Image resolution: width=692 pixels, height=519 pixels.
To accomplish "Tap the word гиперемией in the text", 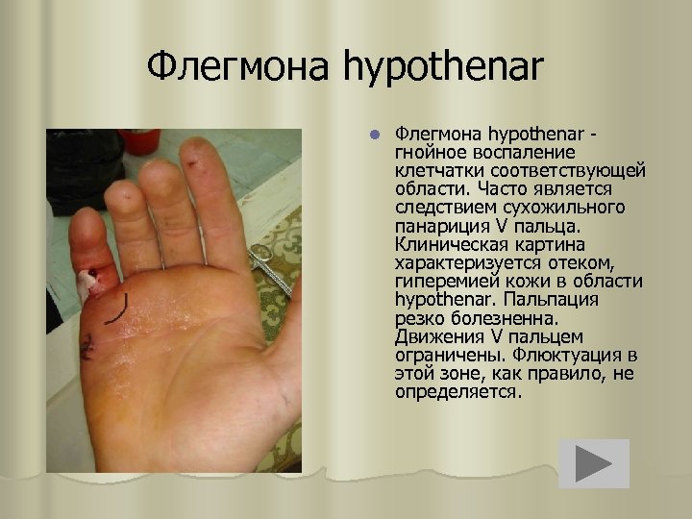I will coord(444,281).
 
